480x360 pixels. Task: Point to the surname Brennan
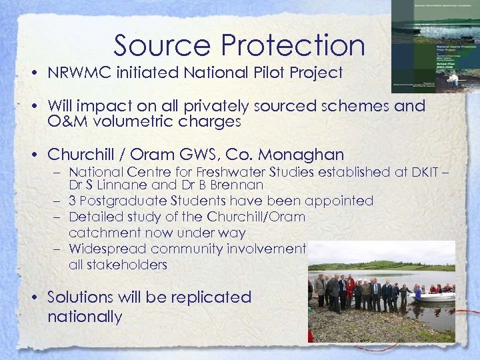[x=237, y=185]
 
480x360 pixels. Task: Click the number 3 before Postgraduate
[x=73, y=201]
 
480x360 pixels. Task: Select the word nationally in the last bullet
[x=85, y=316]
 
